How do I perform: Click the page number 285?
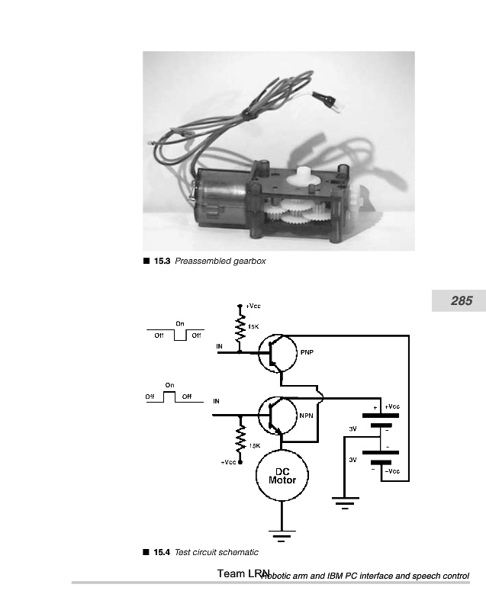click(462, 301)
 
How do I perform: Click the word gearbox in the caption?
click(248, 262)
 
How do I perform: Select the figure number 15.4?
click(162, 552)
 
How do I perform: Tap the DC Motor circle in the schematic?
click(282, 476)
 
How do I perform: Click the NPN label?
click(305, 416)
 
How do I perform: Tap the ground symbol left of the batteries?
click(344, 503)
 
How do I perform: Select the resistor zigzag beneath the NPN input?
click(241, 440)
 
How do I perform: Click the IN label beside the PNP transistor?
click(220, 347)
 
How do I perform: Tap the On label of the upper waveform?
click(179, 324)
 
